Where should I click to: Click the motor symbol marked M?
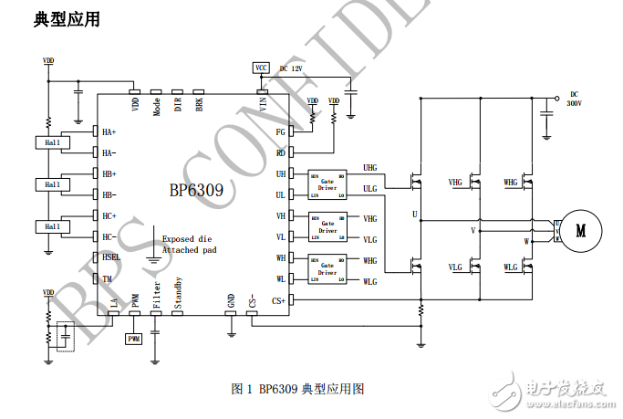pyautogui.click(x=580, y=231)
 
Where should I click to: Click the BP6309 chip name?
pyautogui.click(x=196, y=193)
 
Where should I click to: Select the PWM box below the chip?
pyautogui.click(x=134, y=338)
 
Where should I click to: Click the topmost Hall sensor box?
pyautogui.click(x=52, y=142)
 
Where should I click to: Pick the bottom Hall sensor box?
pyautogui.click(x=52, y=226)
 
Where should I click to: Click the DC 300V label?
pyautogui.click(x=574, y=99)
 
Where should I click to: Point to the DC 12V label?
pyautogui.click(x=290, y=68)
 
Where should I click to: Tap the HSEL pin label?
pyautogui.click(x=112, y=258)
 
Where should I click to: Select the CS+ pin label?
pyautogui.click(x=279, y=299)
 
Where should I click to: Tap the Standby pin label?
pyautogui.click(x=178, y=293)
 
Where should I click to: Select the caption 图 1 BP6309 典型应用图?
pyautogui.click(x=298, y=388)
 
